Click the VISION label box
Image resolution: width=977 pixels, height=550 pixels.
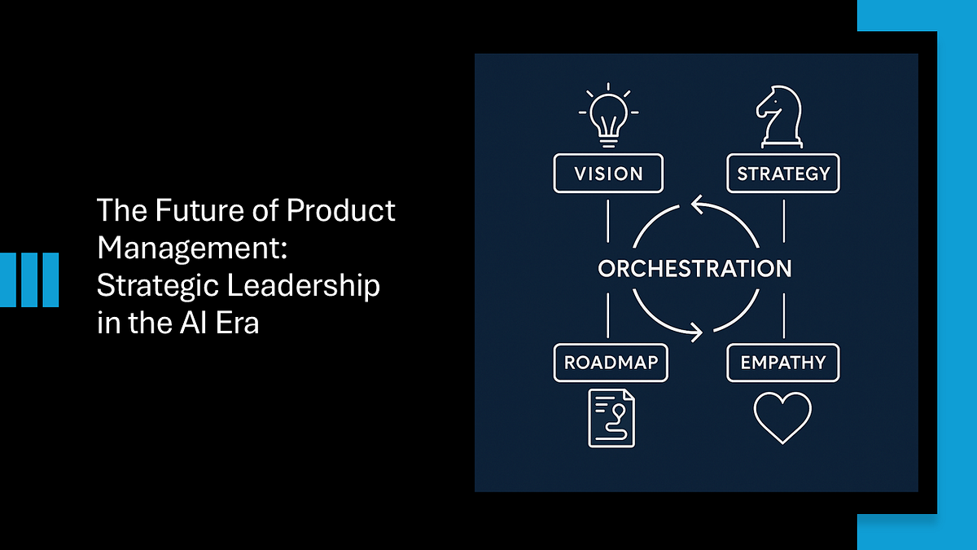pyautogui.click(x=608, y=174)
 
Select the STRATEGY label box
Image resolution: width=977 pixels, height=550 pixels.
pyautogui.click(x=783, y=174)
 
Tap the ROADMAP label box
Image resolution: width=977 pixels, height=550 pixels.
pyautogui.click(x=611, y=363)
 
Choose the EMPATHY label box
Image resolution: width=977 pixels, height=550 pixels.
pyautogui.click(x=783, y=363)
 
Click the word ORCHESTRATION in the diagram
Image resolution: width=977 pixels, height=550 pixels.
pyautogui.click(x=694, y=268)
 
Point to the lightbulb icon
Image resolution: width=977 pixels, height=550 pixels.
pyautogui.click(x=608, y=116)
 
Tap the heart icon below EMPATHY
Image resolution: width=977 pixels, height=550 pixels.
pyautogui.click(x=783, y=418)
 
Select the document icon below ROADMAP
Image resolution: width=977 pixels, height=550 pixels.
pyautogui.click(x=611, y=418)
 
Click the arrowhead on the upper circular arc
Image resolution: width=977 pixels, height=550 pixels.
pyautogui.click(x=698, y=205)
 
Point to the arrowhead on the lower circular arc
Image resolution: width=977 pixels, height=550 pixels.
pyautogui.click(x=697, y=332)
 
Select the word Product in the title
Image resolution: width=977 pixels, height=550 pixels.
pyautogui.click(x=340, y=210)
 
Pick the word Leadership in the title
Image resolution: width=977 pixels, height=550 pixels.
pyautogui.click(x=304, y=287)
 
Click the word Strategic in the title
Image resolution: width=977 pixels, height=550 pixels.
pyautogui.click(x=158, y=287)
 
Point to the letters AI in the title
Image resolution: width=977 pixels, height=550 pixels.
pyautogui.click(x=192, y=323)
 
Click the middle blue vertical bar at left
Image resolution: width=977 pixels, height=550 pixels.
pyautogui.click(x=29, y=279)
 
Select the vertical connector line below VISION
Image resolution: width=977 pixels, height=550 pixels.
pyautogui.click(x=608, y=222)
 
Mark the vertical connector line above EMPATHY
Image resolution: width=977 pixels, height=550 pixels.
pyautogui.click(x=784, y=316)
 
